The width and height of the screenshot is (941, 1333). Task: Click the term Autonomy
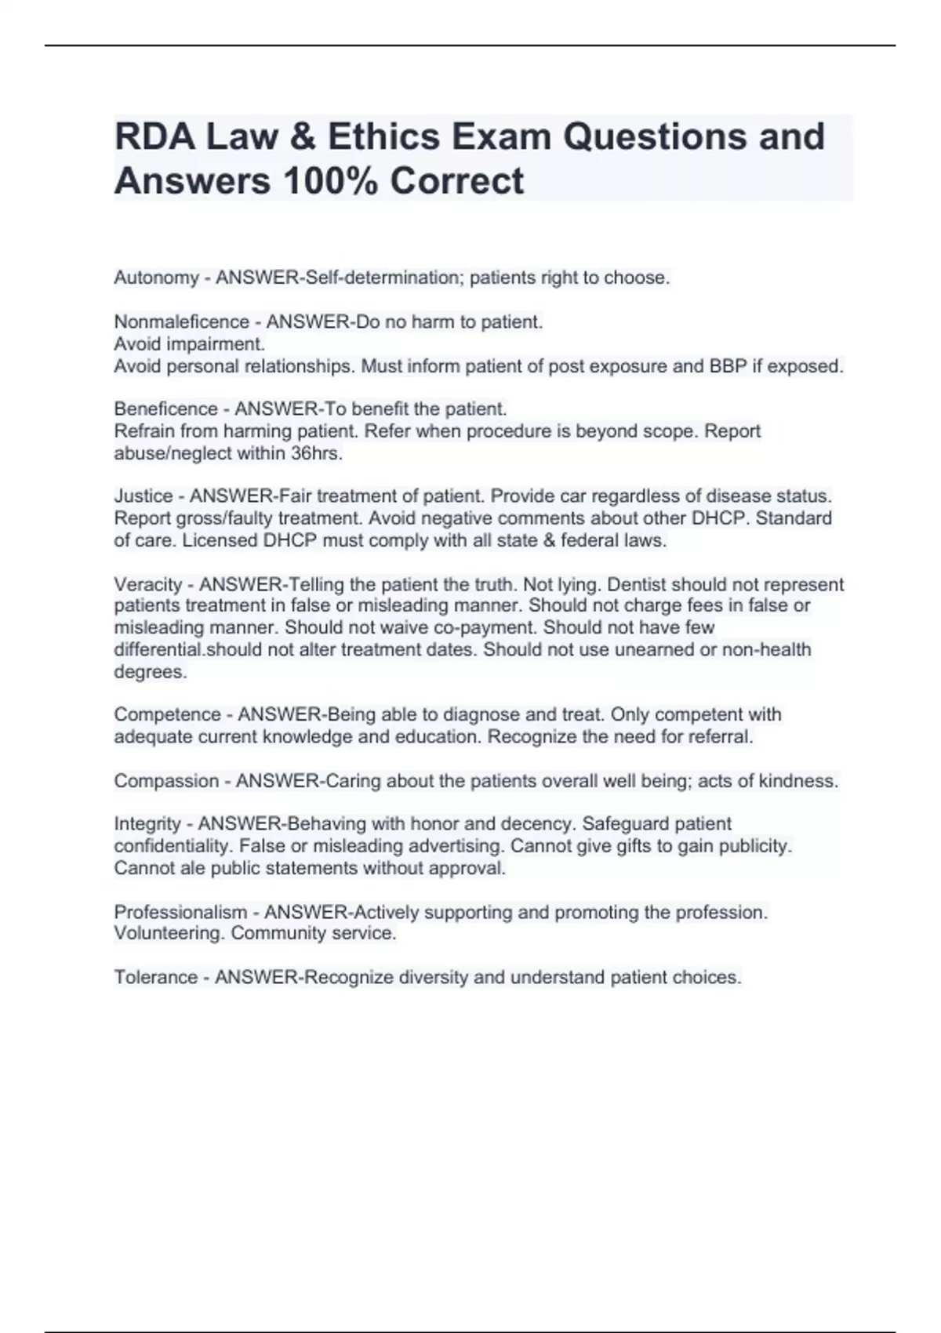(156, 278)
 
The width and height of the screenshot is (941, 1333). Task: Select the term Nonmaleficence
(170, 322)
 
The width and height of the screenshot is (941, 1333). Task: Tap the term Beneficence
(165, 409)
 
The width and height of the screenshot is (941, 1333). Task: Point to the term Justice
(143, 496)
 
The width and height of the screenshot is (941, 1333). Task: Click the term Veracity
(148, 584)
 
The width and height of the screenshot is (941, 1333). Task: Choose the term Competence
(167, 714)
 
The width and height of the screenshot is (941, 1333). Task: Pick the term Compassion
(166, 781)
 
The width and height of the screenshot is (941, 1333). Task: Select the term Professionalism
(180, 912)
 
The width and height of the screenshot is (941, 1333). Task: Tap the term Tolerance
(155, 978)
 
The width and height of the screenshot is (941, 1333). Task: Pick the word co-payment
(486, 627)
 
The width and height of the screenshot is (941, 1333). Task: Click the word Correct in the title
(456, 180)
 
